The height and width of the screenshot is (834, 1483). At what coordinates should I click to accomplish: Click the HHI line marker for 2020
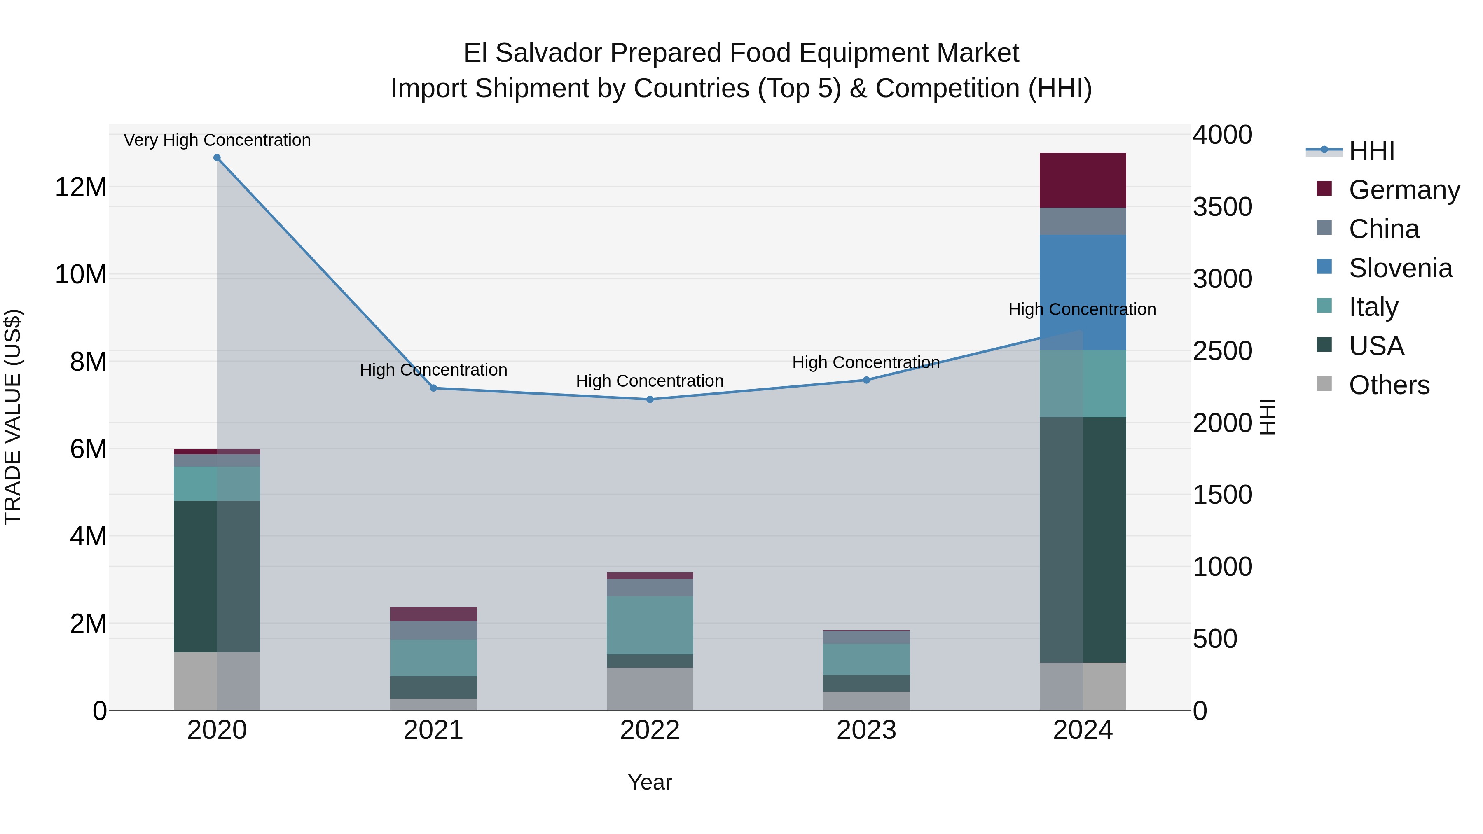217,158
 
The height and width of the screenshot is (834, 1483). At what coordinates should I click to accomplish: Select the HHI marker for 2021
433,388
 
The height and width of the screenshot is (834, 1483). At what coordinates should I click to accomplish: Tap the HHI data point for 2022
650,399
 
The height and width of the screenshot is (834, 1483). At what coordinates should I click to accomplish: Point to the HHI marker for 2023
866,380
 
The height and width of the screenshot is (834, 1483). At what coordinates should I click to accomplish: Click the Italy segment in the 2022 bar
650,625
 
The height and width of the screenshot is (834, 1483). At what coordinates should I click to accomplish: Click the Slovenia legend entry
1400,268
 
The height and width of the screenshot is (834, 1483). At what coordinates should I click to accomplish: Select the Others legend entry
1389,385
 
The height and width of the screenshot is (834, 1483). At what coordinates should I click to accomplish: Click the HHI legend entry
1371,151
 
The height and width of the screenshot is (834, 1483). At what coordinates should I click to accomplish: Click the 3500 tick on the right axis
1222,207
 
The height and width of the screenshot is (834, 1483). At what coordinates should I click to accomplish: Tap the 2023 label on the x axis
866,730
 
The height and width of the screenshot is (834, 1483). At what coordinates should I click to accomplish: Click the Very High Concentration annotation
217,140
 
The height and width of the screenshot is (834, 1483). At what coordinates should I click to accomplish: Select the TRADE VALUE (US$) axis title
13,417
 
